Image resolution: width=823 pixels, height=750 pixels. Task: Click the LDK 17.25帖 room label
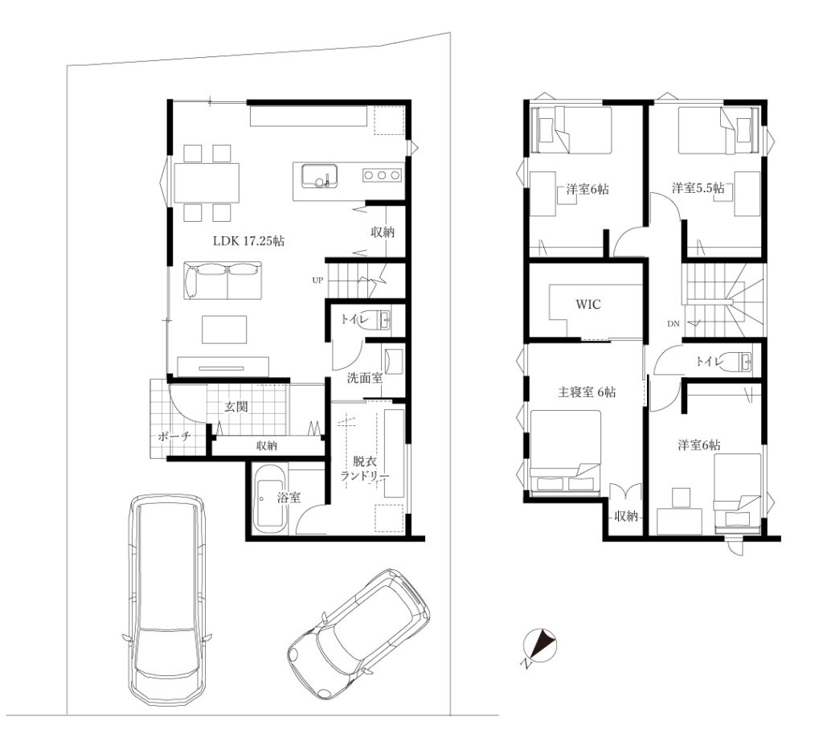[x=248, y=241]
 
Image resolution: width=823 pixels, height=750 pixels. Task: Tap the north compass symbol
[x=539, y=646]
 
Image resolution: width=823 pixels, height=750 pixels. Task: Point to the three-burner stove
[x=382, y=175]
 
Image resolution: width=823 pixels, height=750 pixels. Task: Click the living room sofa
[x=223, y=281]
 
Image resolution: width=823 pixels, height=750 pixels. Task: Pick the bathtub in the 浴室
[x=270, y=498]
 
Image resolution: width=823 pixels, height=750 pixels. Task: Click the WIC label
[x=588, y=305]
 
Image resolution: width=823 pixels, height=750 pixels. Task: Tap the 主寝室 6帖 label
[x=587, y=392]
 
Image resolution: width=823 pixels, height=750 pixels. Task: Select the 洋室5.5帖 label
[x=698, y=187]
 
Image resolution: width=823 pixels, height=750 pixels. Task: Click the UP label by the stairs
[x=317, y=281]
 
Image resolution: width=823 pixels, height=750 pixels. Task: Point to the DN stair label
[x=674, y=324]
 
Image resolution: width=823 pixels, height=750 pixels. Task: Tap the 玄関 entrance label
[x=236, y=406]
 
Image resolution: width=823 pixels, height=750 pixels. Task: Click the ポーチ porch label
[x=174, y=436]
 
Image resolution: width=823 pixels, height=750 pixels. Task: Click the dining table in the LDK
[x=207, y=182]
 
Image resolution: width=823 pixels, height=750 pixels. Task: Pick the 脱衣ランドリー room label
[x=365, y=469]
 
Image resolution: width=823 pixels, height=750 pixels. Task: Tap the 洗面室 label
[x=365, y=378]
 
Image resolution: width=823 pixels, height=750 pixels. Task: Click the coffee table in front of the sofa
[x=224, y=329]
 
